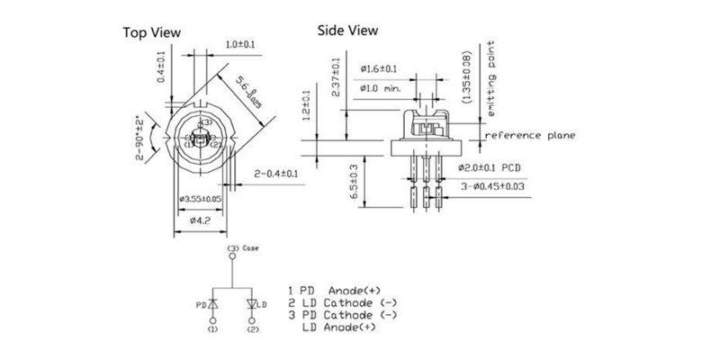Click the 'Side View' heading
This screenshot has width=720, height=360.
click(347, 30)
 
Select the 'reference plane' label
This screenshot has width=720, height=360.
click(530, 136)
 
